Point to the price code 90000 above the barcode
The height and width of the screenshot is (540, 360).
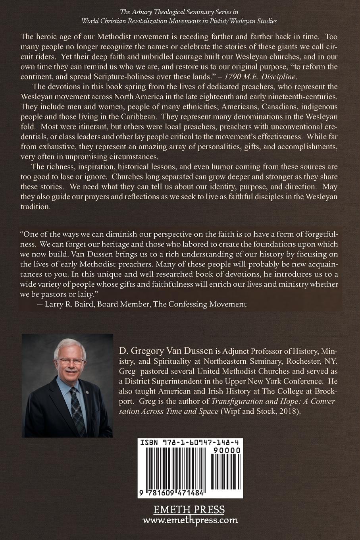coord(227,451)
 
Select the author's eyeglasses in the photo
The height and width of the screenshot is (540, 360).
coord(71,361)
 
